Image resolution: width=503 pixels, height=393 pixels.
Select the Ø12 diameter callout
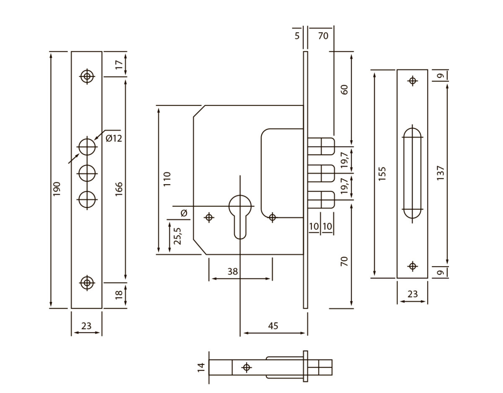114,138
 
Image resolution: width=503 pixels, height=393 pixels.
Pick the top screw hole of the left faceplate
87,77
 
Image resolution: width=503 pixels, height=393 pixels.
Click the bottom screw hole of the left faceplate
87,283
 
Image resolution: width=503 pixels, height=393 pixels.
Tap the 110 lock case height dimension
167,179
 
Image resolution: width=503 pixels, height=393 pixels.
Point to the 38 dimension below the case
233,271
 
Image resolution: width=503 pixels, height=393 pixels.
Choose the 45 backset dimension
272,326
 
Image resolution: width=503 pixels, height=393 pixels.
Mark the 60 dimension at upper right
345,90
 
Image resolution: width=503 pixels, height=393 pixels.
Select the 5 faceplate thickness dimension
297,36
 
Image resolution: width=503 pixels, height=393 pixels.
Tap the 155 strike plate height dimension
381,173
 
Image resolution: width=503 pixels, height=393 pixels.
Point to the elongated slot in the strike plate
412,172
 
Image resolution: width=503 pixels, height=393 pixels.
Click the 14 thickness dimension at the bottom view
201,367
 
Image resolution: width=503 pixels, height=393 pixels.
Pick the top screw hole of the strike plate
413,81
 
